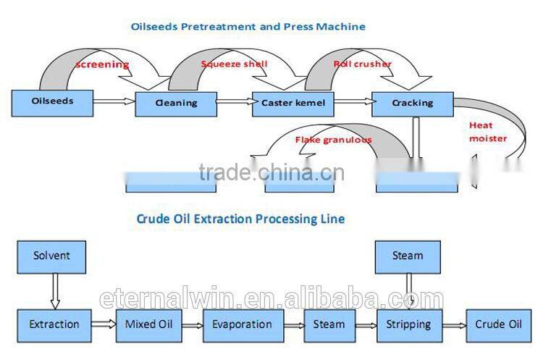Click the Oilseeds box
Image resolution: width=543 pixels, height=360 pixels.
coord(52,102)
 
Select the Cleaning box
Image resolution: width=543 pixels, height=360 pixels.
coord(176,103)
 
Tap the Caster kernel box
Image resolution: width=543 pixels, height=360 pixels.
coord(293,103)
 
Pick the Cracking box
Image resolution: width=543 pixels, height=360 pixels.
coord(412,103)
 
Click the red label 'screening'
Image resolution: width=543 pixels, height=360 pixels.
coord(102,64)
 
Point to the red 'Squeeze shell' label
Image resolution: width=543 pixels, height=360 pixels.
coord(234,64)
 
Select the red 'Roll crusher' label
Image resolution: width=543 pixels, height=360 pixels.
coord(362,64)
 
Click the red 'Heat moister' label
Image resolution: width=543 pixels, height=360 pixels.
coord(487,131)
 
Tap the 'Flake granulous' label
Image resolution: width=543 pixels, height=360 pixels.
coord(333,139)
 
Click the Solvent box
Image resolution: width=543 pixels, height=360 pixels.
coord(52,256)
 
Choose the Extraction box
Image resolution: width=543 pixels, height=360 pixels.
coord(54,324)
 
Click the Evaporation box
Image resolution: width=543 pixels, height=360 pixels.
coord(243,324)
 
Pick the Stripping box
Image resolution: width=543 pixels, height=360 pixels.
coord(409,324)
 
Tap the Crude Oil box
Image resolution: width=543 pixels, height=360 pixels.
coord(500,324)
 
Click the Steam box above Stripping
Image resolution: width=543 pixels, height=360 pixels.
coord(408,256)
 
